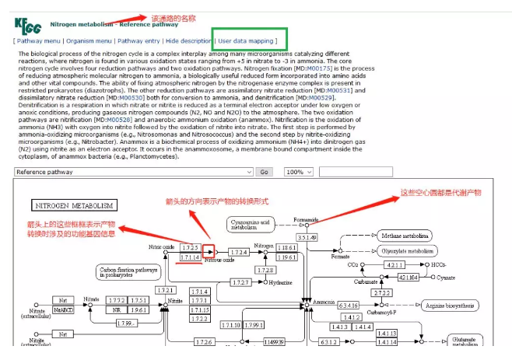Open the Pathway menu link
(x=40, y=40)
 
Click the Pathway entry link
(x=139, y=40)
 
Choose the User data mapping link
(x=246, y=40)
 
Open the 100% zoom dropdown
(x=298, y=172)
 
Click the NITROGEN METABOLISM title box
(x=74, y=206)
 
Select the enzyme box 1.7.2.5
(x=191, y=246)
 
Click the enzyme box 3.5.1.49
(x=307, y=237)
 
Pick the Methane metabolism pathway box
(x=405, y=236)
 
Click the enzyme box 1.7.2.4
(x=239, y=252)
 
